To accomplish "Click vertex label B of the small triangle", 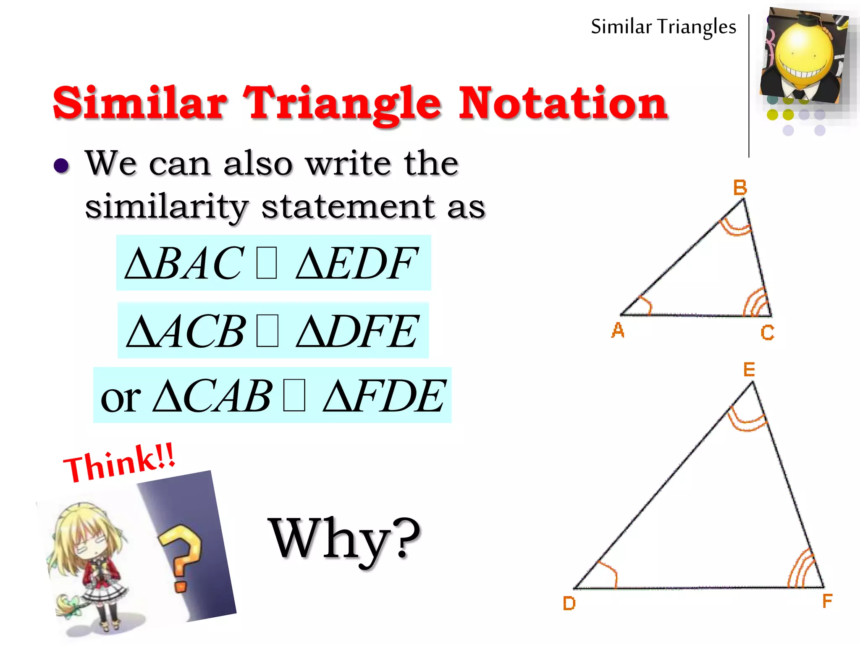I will click(x=740, y=187).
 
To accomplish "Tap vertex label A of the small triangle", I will click(x=618, y=330).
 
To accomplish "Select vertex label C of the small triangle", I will click(x=767, y=333).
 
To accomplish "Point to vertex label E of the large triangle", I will click(x=749, y=370).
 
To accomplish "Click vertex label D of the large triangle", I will click(x=569, y=603).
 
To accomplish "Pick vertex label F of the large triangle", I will click(x=827, y=601).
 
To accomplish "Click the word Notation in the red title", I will click(x=563, y=103).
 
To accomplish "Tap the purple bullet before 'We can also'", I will click(x=61, y=165).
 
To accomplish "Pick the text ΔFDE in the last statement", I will click(x=384, y=396).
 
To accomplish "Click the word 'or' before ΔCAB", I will click(x=121, y=398).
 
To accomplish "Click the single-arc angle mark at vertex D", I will click(x=608, y=573).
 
